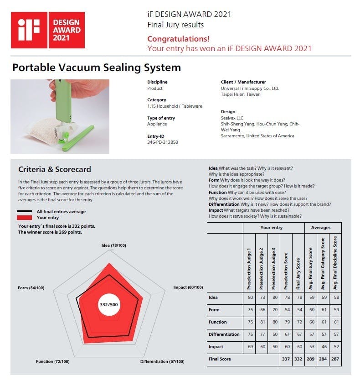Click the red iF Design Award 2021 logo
tap(47, 30)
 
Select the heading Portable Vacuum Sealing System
tap(97, 68)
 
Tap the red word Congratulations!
tap(179, 39)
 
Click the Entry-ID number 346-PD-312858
tap(163, 142)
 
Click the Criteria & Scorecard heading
tap(55, 169)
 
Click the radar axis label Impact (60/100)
tap(188, 287)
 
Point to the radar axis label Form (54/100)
tap(31, 287)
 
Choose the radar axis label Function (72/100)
tap(53, 361)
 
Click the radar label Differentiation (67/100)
tap(162, 361)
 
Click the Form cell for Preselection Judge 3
tap(274, 310)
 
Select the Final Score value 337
tap(286, 359)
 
